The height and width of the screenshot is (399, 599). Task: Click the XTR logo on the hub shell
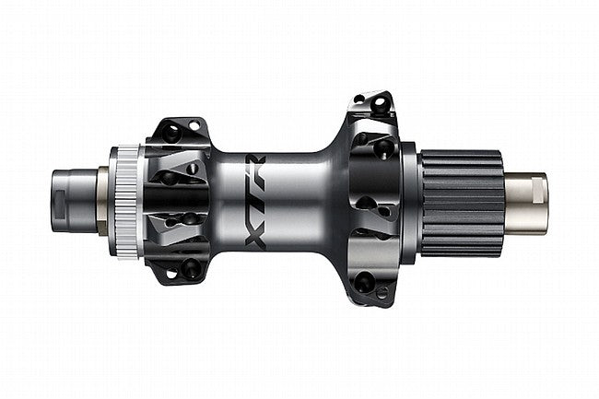pyautogui.click(x=261, y=198)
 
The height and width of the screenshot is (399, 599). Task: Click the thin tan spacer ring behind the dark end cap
pyautogui.click(x=100, y=199)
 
